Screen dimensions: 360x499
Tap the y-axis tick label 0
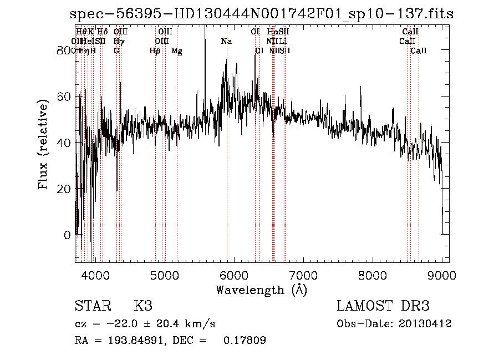click(68, 235)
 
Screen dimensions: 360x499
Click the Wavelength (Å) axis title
click(261, 290)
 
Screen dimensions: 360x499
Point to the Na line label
click(226, 42)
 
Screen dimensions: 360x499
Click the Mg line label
click(177, 51)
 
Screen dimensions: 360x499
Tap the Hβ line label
click(155, 51)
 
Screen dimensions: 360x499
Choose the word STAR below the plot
click(93, 306)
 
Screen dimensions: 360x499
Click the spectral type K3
click(143, 306)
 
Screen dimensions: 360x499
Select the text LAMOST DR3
click(383, 306)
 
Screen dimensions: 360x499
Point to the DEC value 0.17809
click(245, 341)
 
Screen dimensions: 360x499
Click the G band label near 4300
click(116, 51)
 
